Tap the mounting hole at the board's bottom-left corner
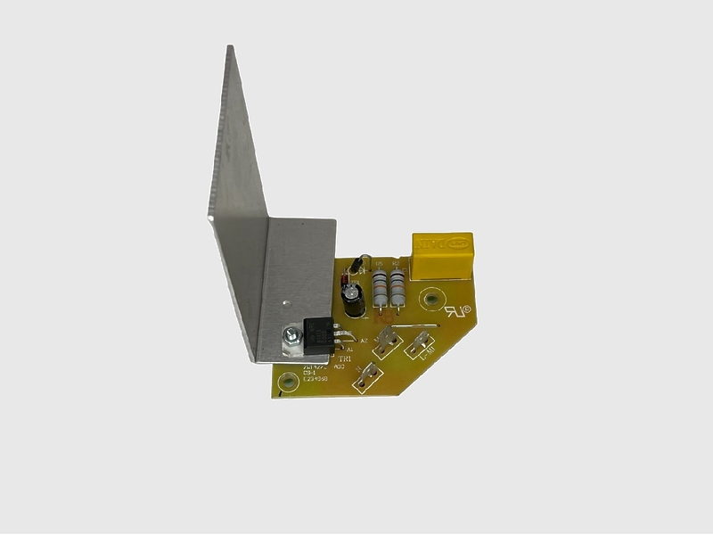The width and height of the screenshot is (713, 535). pyautogui.click(x=286, y=384)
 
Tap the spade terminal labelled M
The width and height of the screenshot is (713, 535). pyautogui.click(x=387, y=340)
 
